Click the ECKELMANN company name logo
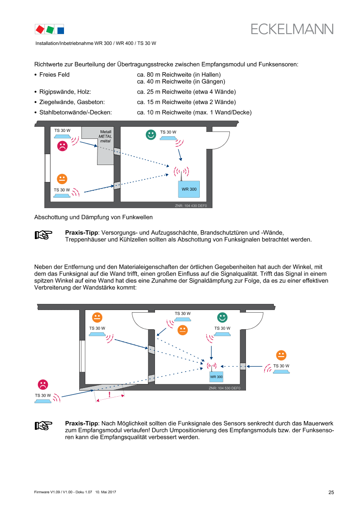coord(292,29)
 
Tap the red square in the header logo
coord(40,29)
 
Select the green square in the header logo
coord(50,30)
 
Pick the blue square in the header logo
coord(61,30)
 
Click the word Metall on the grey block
coord(106,131)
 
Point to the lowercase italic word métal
coord(106,141)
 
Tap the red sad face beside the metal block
coord(62,146)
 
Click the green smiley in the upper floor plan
coord(151,135)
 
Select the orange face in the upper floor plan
coord(62,179)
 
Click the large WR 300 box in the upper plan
coord(189,189)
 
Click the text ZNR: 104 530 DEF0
coord(224,388)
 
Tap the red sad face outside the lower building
coord(42,384)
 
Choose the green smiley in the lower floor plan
coord(222,317)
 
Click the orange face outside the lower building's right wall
coord(281,355)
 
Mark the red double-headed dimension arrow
coord(110,398)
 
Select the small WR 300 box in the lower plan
coord(216,377)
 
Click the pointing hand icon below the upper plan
coord(44,235)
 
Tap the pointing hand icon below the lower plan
coord(44,426)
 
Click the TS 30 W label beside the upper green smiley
coord(168,132)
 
